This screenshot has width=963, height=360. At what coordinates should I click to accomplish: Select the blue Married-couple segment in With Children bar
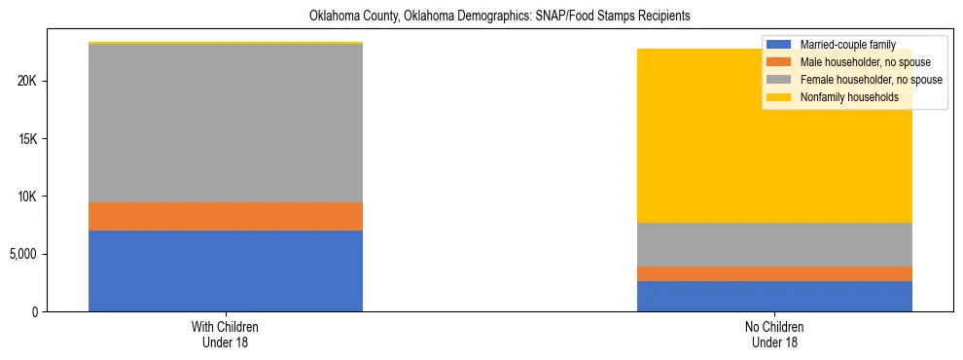pyautogui.click(x=226, y=270)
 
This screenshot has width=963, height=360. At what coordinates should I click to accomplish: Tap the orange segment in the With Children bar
pyautogui.click(x=226, y=216)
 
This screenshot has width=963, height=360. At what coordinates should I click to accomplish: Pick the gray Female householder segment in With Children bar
pyautogui.click(x=226, y=124)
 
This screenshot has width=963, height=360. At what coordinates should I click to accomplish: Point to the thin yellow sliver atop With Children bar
pyautogui.click(x=226, y=43)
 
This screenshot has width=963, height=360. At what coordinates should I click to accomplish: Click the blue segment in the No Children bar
pyautogui.click(x=774, y=296)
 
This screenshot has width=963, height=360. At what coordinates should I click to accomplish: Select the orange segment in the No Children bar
pyautogui.click(x=774, y=273)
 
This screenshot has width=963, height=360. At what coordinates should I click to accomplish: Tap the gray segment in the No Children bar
pyautogui.click(x=774, y=244)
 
